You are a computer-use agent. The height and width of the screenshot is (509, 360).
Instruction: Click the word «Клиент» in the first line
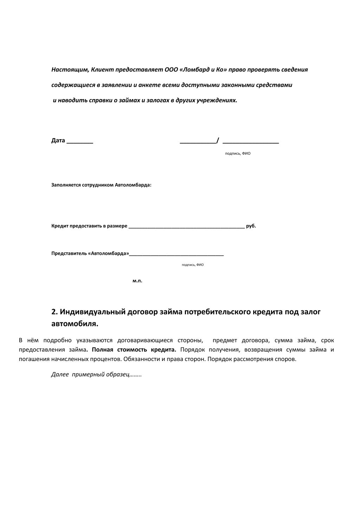102,70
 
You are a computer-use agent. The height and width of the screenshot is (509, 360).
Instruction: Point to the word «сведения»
294,70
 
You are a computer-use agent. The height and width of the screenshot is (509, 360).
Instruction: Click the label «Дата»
58,141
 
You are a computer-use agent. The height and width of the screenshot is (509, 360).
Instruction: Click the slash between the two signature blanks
218,141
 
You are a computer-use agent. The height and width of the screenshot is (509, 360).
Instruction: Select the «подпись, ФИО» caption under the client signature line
238,154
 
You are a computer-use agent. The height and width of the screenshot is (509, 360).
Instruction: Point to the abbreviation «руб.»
251,226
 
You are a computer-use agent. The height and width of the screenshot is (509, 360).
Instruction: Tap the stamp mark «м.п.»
137,281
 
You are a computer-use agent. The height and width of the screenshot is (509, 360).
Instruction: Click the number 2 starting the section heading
54,312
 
